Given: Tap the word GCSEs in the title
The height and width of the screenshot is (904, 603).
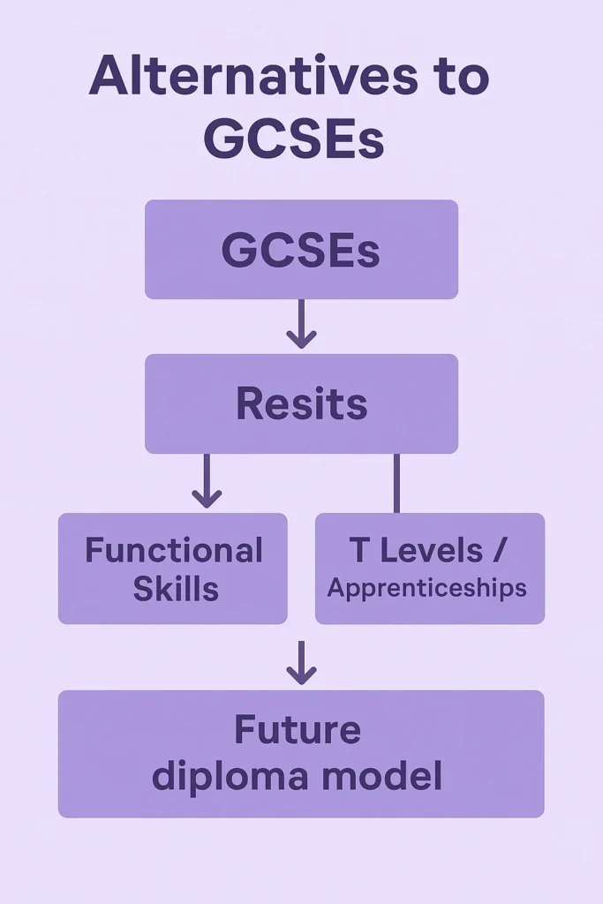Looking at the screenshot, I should pos(294,139).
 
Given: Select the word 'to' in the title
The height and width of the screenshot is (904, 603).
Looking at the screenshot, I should pos(456,78).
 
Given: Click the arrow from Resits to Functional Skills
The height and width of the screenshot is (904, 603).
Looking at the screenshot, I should pos(207,482).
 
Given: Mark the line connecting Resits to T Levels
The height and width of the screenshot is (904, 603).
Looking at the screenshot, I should pos(396,483).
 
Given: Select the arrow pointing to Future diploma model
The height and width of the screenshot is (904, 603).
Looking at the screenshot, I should pos(301,663).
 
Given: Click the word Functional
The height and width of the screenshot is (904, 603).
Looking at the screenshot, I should pos(174,551).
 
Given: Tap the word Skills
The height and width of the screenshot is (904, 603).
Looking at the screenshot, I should pos(176,589).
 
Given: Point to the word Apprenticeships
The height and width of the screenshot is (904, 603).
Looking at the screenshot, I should pos(427,588).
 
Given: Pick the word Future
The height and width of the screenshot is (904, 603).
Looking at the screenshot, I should pos(298,730).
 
